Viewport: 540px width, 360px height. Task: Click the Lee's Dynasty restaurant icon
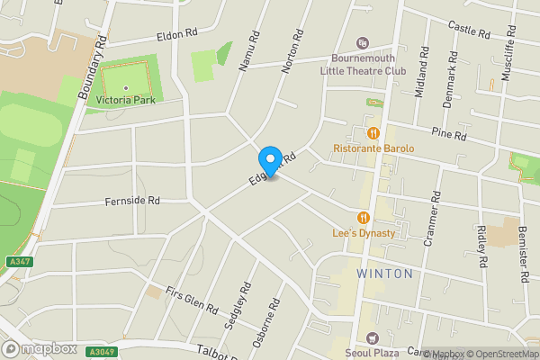364,218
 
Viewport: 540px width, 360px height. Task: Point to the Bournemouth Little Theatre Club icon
363,43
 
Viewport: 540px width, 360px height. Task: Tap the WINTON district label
384,273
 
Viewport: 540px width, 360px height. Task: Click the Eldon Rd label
176,33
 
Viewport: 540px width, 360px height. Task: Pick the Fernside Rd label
131,201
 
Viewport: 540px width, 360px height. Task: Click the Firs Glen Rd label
192,301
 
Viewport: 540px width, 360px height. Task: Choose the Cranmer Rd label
436,220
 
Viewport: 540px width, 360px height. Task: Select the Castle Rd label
468,30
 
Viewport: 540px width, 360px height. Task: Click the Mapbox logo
40,348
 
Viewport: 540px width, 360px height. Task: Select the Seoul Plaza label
373,353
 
